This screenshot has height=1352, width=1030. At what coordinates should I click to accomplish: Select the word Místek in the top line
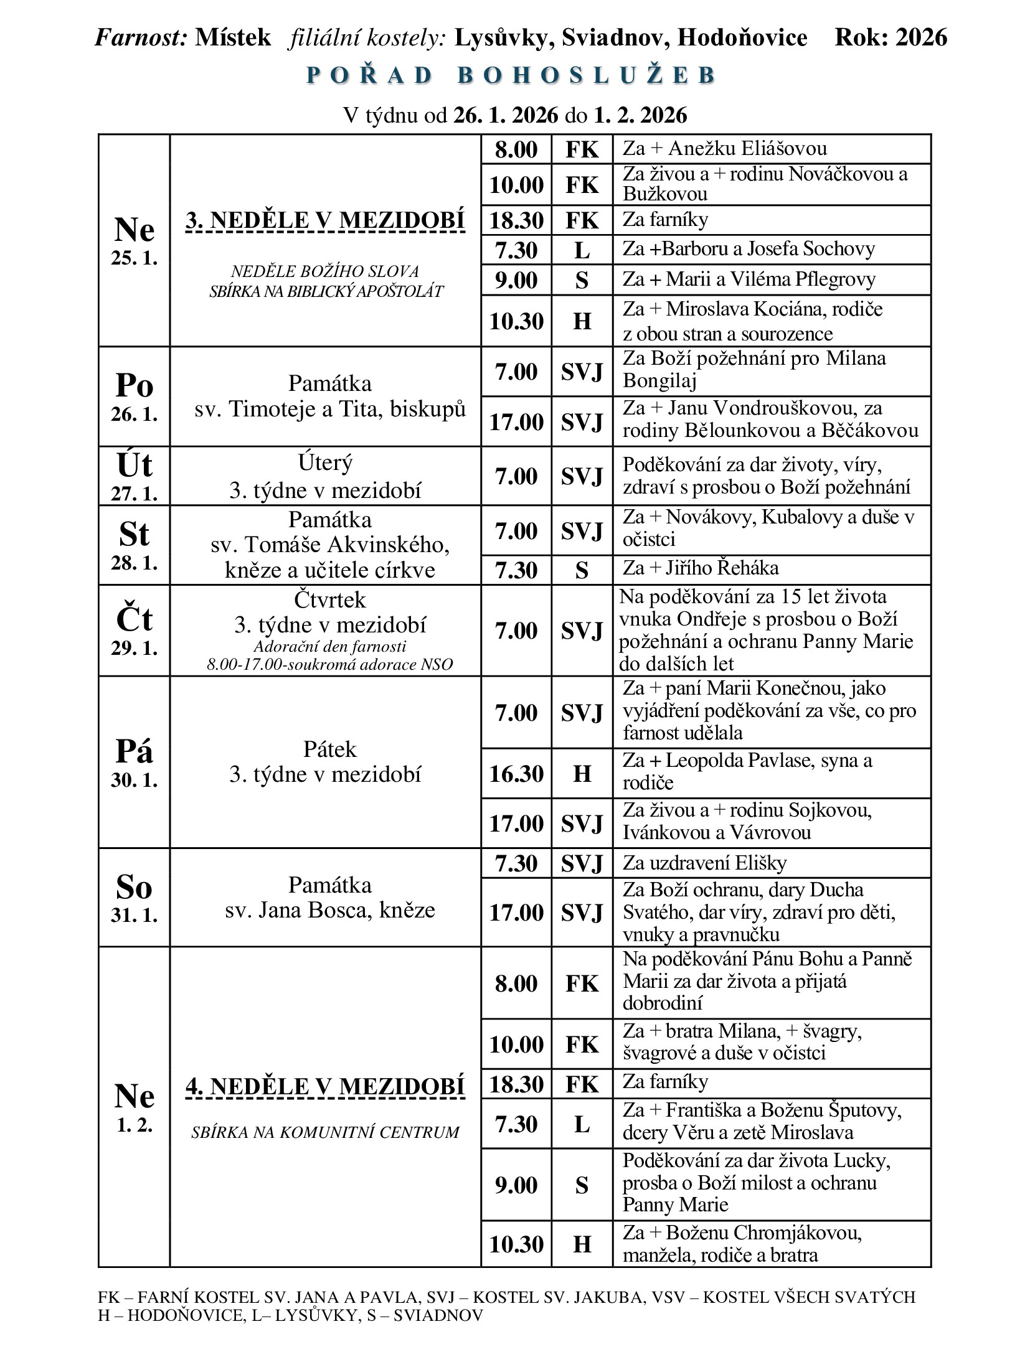point(233,37)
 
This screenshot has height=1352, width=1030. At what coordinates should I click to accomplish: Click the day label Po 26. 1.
point(134,397)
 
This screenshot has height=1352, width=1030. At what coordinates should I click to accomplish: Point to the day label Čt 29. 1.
point(134,630)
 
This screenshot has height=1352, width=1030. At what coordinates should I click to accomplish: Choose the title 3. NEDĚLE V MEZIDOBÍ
point(325,221)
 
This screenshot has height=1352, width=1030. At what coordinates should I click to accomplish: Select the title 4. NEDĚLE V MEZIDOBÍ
point(325,1087)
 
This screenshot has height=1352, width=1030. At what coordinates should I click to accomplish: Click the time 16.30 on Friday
point(516,774)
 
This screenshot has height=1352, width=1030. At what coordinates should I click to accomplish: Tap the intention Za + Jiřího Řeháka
point(701,568)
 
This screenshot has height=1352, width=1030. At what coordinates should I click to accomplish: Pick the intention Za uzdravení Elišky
point(704,863)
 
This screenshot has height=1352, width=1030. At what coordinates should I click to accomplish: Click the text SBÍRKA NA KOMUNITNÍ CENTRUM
point(325,1132)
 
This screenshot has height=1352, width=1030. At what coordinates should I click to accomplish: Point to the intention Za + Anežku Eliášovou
point(725,149)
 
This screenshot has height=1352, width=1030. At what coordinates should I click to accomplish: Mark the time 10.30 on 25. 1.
point(516,321)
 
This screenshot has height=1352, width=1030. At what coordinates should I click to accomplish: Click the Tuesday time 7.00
point(516,476)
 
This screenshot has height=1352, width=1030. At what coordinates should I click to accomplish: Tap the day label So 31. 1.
point(134,897)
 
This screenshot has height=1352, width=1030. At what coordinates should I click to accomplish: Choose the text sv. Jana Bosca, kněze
point(330,910)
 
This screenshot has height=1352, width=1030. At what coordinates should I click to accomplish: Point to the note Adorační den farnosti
point(330,646)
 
